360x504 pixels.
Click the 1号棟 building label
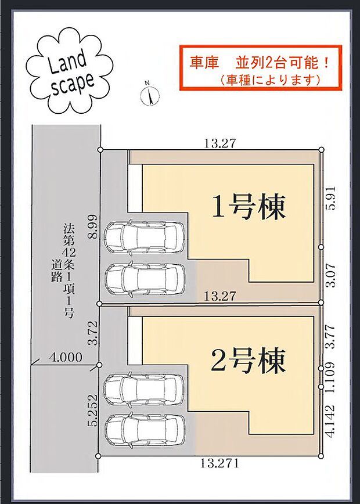pyautogui.click(x=249, y=207)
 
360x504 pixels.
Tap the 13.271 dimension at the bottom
pyautogui.click(x=219, y=463)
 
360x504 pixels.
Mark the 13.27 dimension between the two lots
pyautogui.click(x=219, y=296)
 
